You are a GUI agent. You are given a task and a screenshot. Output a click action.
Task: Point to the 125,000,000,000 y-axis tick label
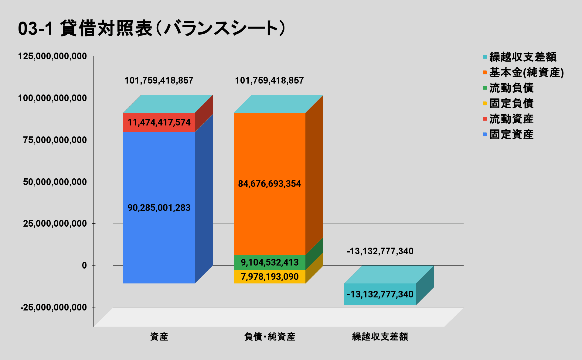click(x=53, y=56)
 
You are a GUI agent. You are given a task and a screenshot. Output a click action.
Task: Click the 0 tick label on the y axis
click(x=84, y=266)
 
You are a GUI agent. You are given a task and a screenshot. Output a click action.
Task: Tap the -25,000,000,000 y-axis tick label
click(x=54, y=307)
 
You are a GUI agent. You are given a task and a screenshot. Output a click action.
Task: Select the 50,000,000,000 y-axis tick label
click(x=55, y=182)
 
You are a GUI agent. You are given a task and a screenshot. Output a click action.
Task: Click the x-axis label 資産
click(x=159, y=337)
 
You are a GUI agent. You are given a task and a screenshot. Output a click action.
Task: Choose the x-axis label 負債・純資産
click(x=270, y=337)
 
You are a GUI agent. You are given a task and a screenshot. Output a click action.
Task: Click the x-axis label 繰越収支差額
click(x=380, y=337)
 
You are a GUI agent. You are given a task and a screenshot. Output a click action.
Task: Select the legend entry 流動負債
click(x=511, y=88)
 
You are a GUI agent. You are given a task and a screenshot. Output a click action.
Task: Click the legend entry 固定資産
click(x=511, y=134)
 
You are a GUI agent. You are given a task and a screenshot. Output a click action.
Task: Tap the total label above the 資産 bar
click(x=159, y=81)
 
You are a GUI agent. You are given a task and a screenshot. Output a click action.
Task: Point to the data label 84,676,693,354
click(x=269, y=184)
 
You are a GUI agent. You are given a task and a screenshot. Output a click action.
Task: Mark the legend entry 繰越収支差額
click(x=522, y=57)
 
